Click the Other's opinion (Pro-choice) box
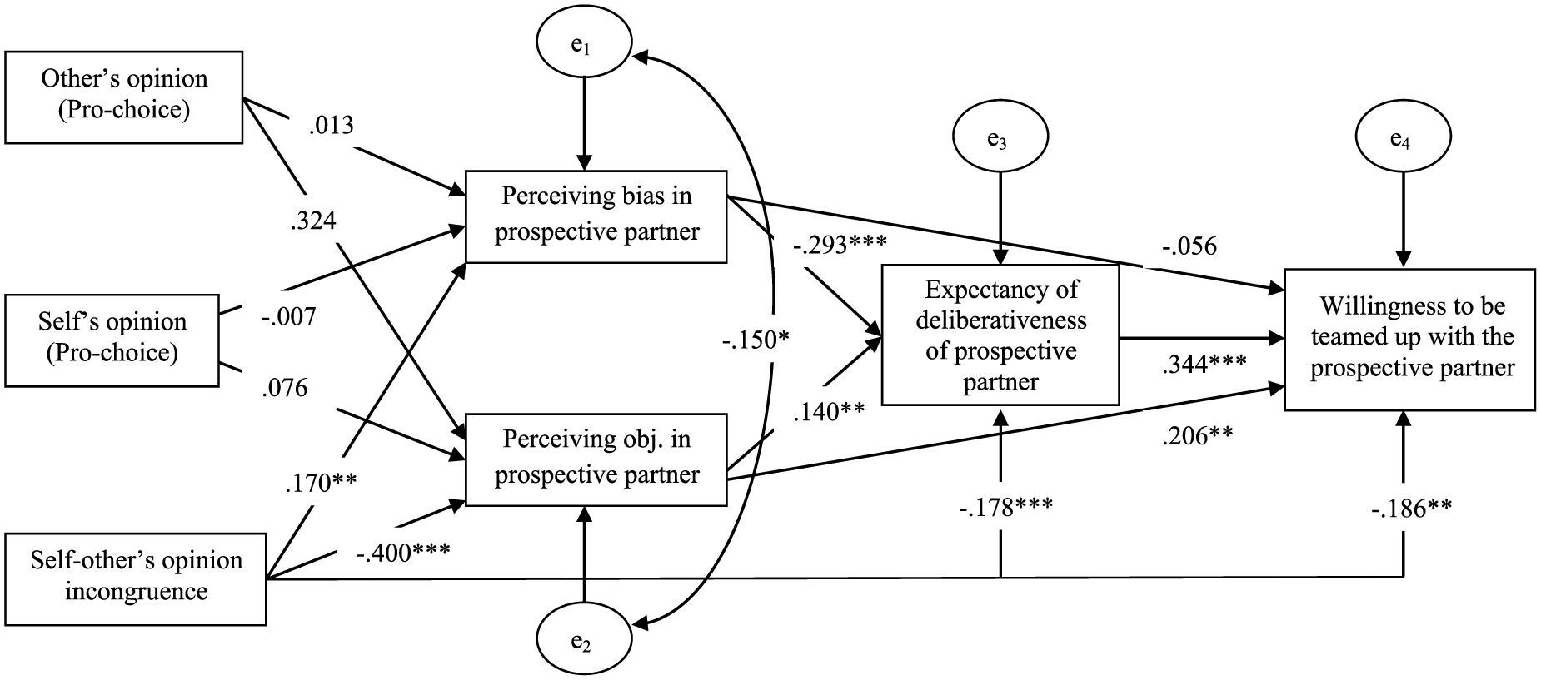(x=124, y=97)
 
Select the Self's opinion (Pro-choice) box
(x=112, y=340)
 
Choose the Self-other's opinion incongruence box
(x=136, y=578)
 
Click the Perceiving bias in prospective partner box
(x=596, y=217)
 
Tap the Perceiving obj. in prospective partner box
(x=596, y=459)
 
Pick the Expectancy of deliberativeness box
(x=1000, y=335)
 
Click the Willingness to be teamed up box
(x=1409, y=339)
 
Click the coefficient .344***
(x=1204, y=363)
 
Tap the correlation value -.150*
(x=756, y=340)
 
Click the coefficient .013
(x=331, y=125)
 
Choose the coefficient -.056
(x=1190, y=246)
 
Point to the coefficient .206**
(x=1198, y=434)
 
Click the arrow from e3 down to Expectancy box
(x=1000, y=218)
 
